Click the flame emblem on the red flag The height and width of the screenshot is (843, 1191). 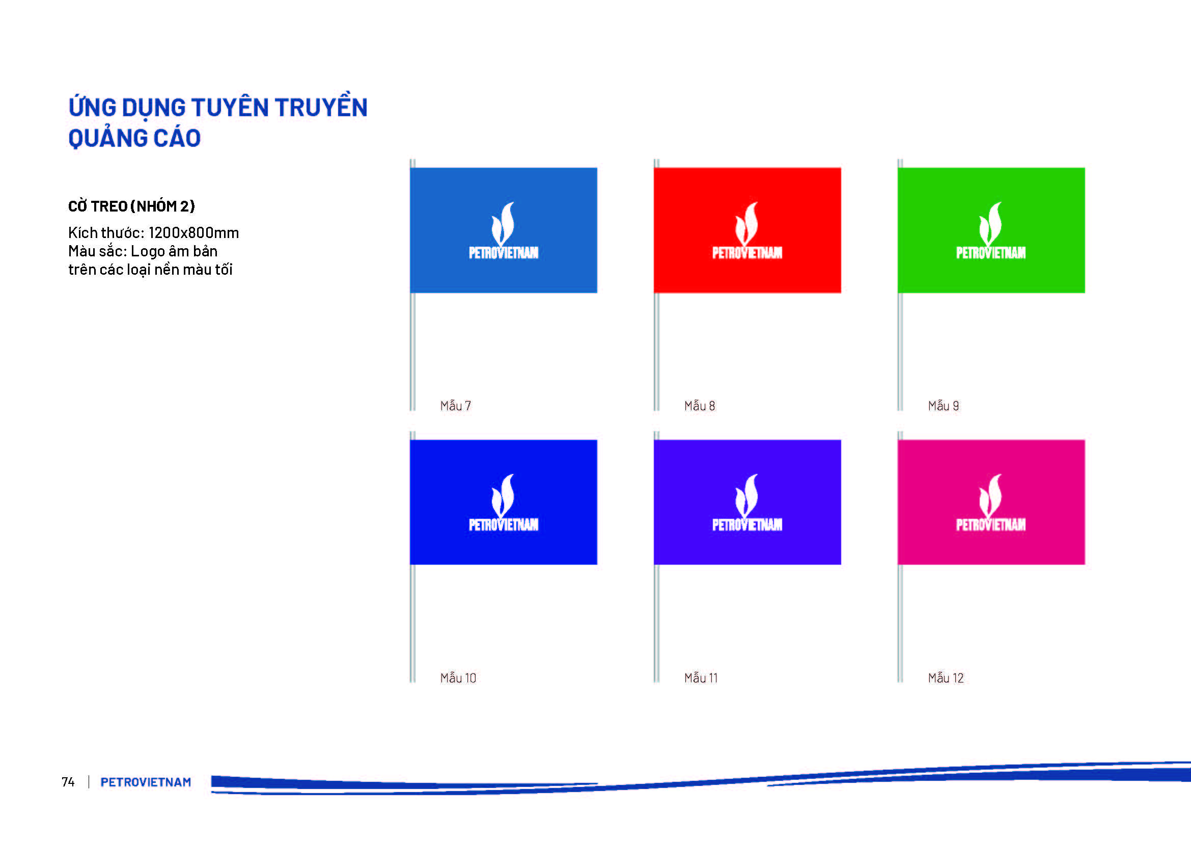coord(747,224)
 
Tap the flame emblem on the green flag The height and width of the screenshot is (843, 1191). coord(991,224)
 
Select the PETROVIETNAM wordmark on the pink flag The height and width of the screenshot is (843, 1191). coord(991,525)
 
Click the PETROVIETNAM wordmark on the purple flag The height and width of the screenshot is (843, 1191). coord(747,525)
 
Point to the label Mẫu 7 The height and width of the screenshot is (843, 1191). coord(455,405)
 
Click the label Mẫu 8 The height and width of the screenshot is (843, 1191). coord(699,405)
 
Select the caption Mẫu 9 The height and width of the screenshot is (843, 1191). coord(943,405)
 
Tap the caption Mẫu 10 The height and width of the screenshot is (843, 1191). coord(458,677)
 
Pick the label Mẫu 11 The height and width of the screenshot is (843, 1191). coord(701,677)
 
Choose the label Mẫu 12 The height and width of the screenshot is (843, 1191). coord(946,677)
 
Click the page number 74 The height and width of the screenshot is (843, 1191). coord(68,782)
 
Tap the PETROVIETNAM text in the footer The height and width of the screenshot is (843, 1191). coord(146,782)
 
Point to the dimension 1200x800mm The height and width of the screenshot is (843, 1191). coord(193,232)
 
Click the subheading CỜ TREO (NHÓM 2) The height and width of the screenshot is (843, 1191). coord(131,206)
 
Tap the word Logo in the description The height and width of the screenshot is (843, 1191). coord(147,252)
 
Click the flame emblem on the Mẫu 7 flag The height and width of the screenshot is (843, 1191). coord(503,224)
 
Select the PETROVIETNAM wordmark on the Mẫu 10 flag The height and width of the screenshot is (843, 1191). coord(503,525)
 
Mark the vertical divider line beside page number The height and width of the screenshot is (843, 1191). coord(89,782)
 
